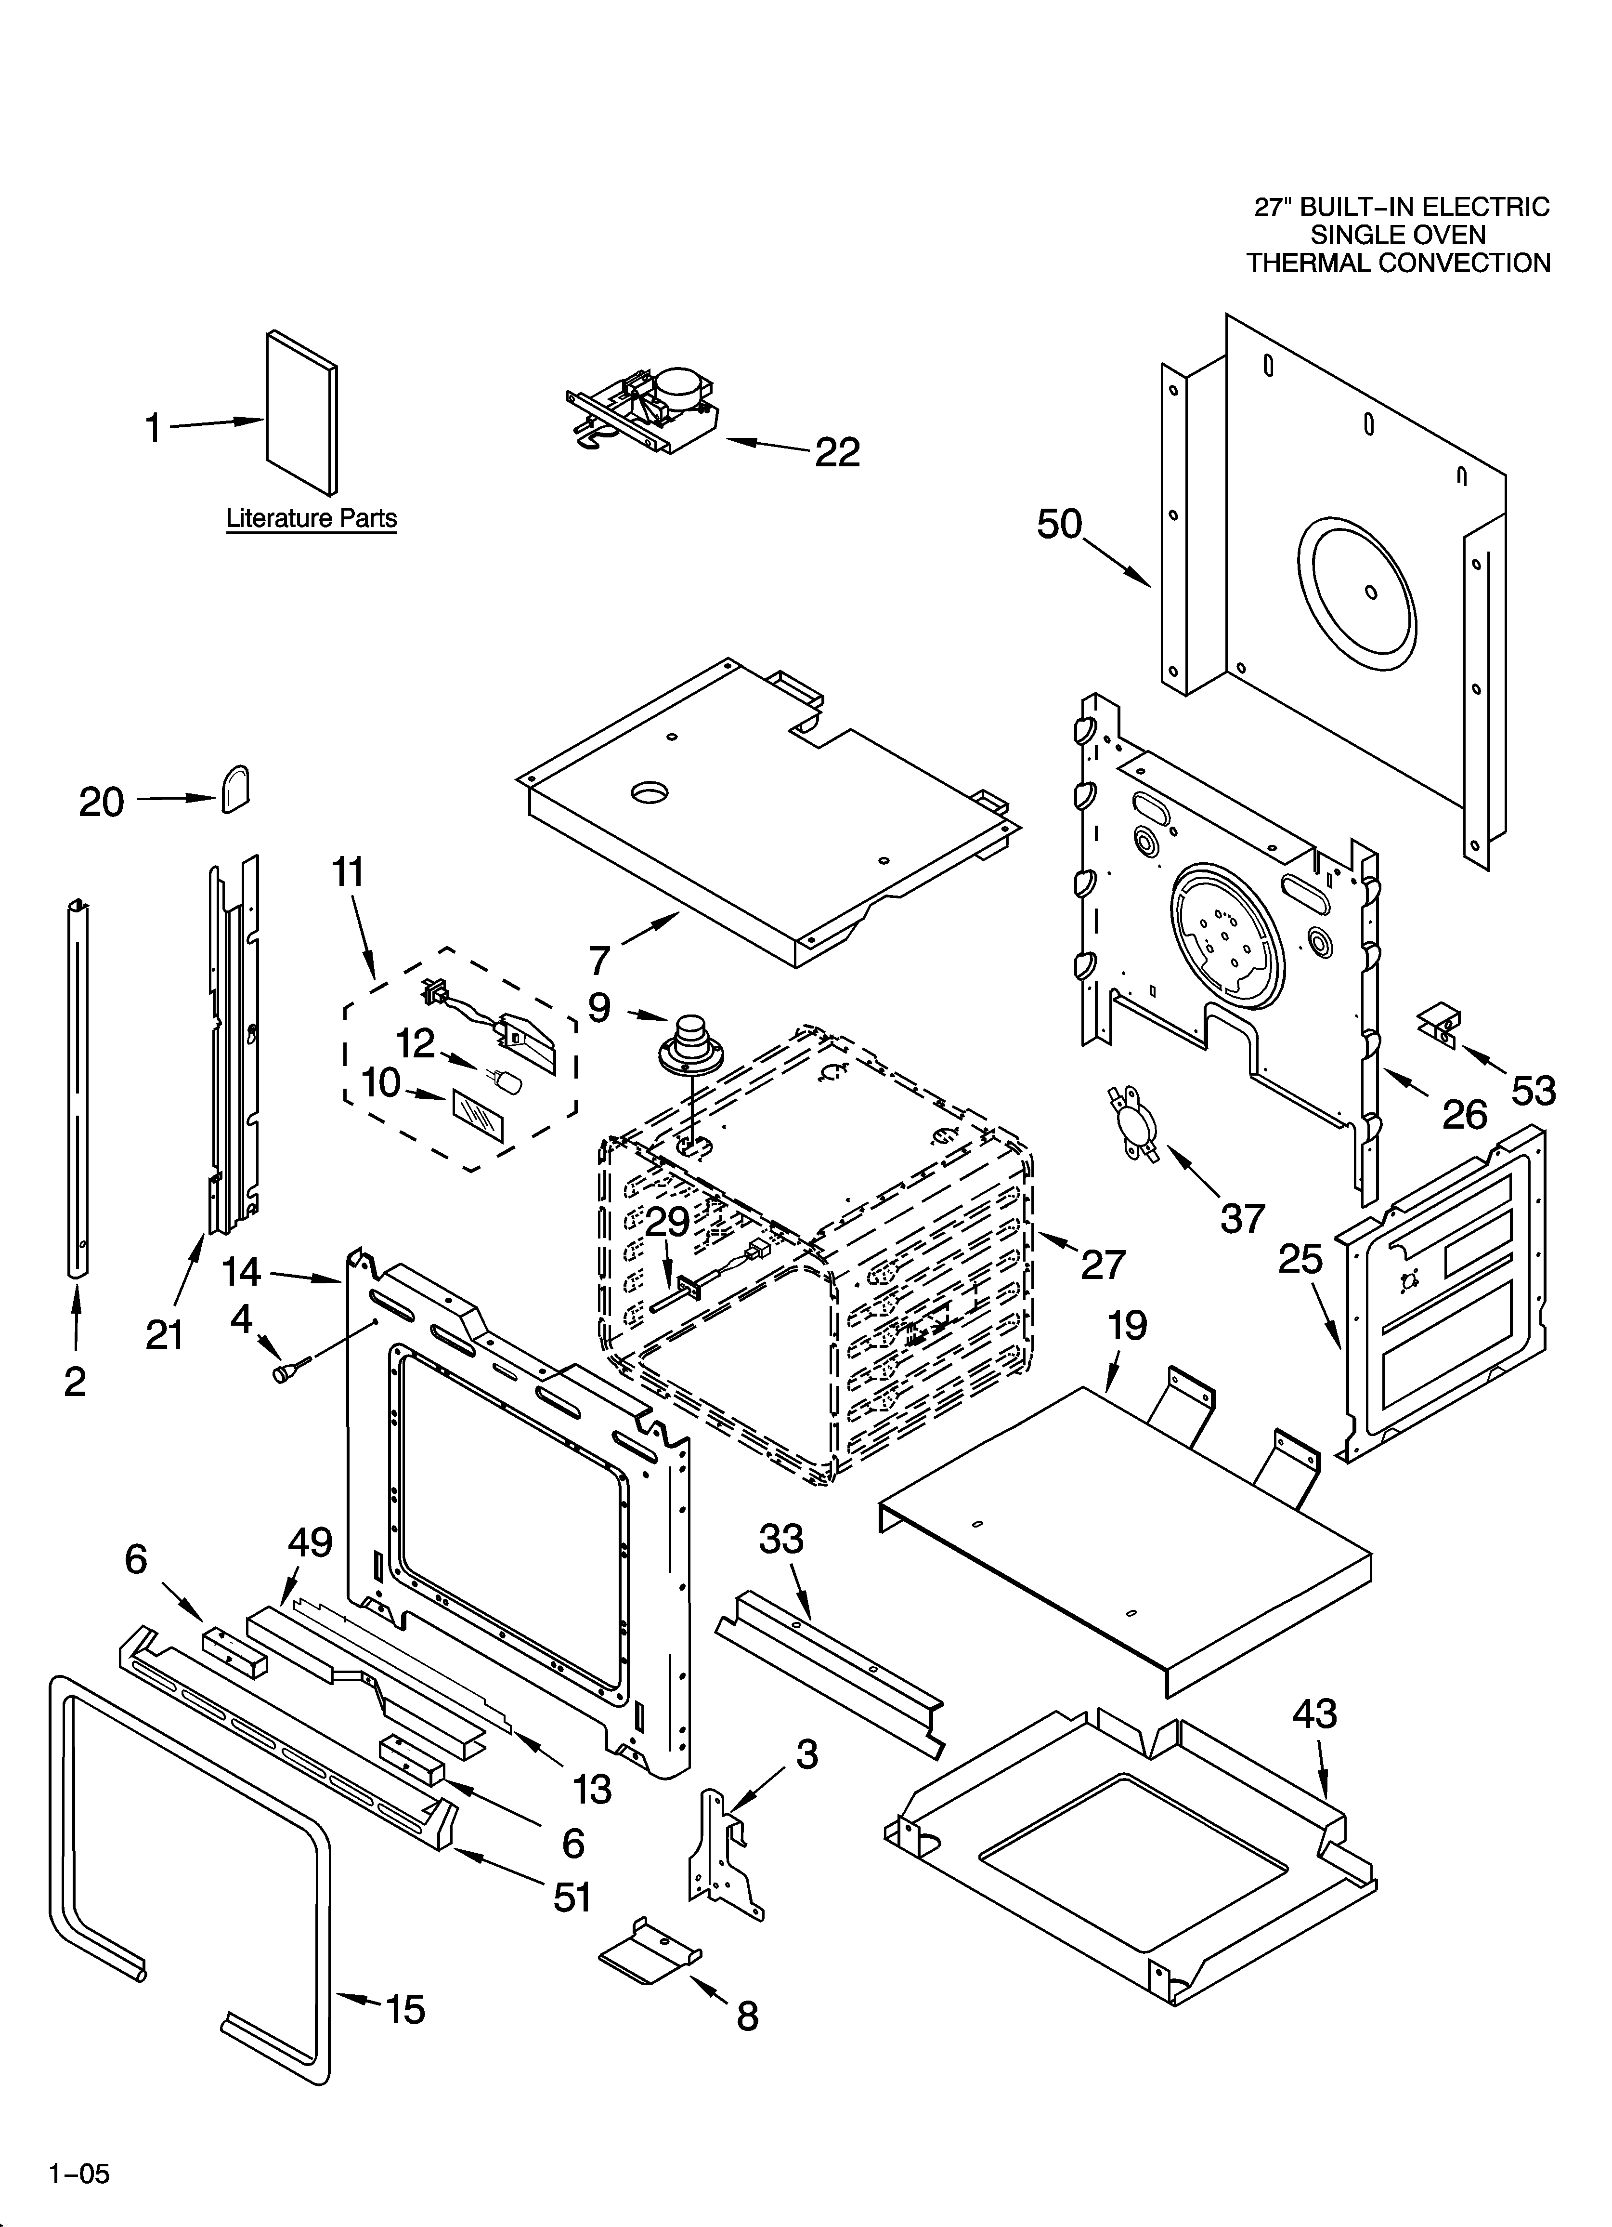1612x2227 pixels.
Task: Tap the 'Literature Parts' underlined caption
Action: pos(311,518)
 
